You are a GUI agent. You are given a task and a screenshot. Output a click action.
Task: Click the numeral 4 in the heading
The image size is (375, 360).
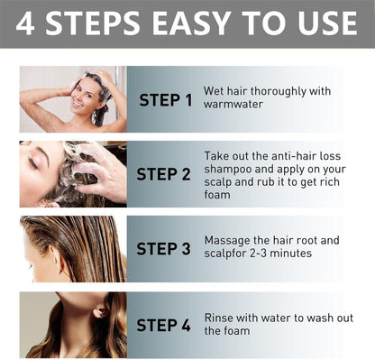pyautogui.click(x=26, y=24)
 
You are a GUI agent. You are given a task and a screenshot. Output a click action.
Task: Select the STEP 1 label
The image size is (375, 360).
pyautogui.click(x=165, y=99)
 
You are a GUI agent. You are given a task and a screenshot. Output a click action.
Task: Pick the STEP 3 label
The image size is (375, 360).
pyautogui.click(x=164, y=248)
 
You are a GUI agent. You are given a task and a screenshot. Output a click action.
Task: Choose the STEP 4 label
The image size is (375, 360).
pyautogui.click(x=164, y=323)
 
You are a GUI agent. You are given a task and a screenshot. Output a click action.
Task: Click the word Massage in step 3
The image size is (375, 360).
pyautogui.click(x=229, y=240)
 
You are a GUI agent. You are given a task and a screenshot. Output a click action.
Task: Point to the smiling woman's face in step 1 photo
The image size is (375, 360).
pyautogui.click(x=87, y=93)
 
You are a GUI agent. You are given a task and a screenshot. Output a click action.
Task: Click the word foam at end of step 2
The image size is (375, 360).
pyautogui.click(x=218, y=194)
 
